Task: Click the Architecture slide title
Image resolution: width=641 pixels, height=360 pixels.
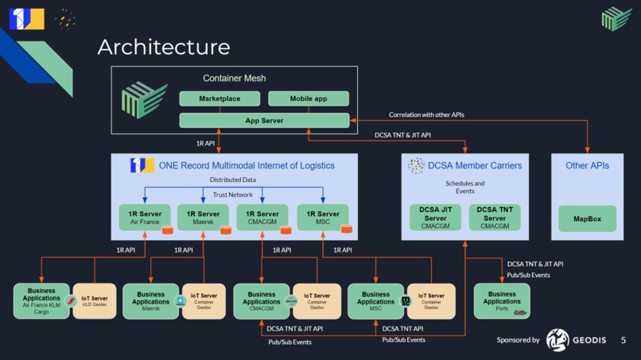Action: click(163, 47)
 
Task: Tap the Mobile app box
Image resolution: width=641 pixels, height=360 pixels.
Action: click(308, 99)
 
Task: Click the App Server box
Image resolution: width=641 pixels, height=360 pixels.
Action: click(264, 121)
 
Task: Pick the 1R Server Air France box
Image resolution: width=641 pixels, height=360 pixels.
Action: click(145, 218)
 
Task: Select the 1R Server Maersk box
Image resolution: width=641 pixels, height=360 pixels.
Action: click(204, 218)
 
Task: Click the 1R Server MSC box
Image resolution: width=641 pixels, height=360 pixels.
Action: click(323, 218)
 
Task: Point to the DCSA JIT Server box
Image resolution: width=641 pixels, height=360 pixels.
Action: click(435, 218)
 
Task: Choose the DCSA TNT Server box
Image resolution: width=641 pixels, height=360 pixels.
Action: click(494, 218)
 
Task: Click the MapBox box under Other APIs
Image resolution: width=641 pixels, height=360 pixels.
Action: click(587, 219)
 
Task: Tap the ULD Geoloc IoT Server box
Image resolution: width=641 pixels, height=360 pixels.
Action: click(94, 301)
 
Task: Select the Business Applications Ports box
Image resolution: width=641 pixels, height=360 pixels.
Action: click(502, 301)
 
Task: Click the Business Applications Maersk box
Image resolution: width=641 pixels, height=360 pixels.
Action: click(150, 301)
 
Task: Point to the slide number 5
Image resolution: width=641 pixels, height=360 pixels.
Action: click(624, 340)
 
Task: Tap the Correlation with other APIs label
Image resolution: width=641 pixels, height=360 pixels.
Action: click(426, 114)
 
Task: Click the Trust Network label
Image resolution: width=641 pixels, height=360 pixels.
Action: click(233, 195)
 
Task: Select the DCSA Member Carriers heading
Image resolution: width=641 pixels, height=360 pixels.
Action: click(476, 165)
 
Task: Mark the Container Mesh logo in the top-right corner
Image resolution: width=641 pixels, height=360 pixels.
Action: click(616, 18)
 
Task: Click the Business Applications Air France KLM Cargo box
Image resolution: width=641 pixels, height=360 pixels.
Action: click(41, 301)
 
